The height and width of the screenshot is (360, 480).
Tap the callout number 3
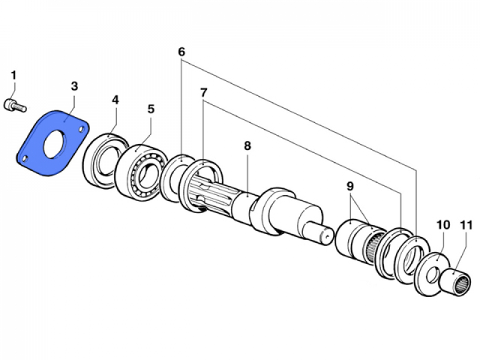tap(74, 86)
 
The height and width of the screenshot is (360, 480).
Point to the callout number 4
tap(115, 100)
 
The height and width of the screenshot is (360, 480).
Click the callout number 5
tap(151, 109)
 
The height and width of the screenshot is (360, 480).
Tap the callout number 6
tap(181, 52)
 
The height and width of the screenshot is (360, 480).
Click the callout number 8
tap(247, 146)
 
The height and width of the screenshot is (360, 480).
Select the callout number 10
tap(443, 225)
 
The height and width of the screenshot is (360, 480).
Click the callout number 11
tap(466, 226)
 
